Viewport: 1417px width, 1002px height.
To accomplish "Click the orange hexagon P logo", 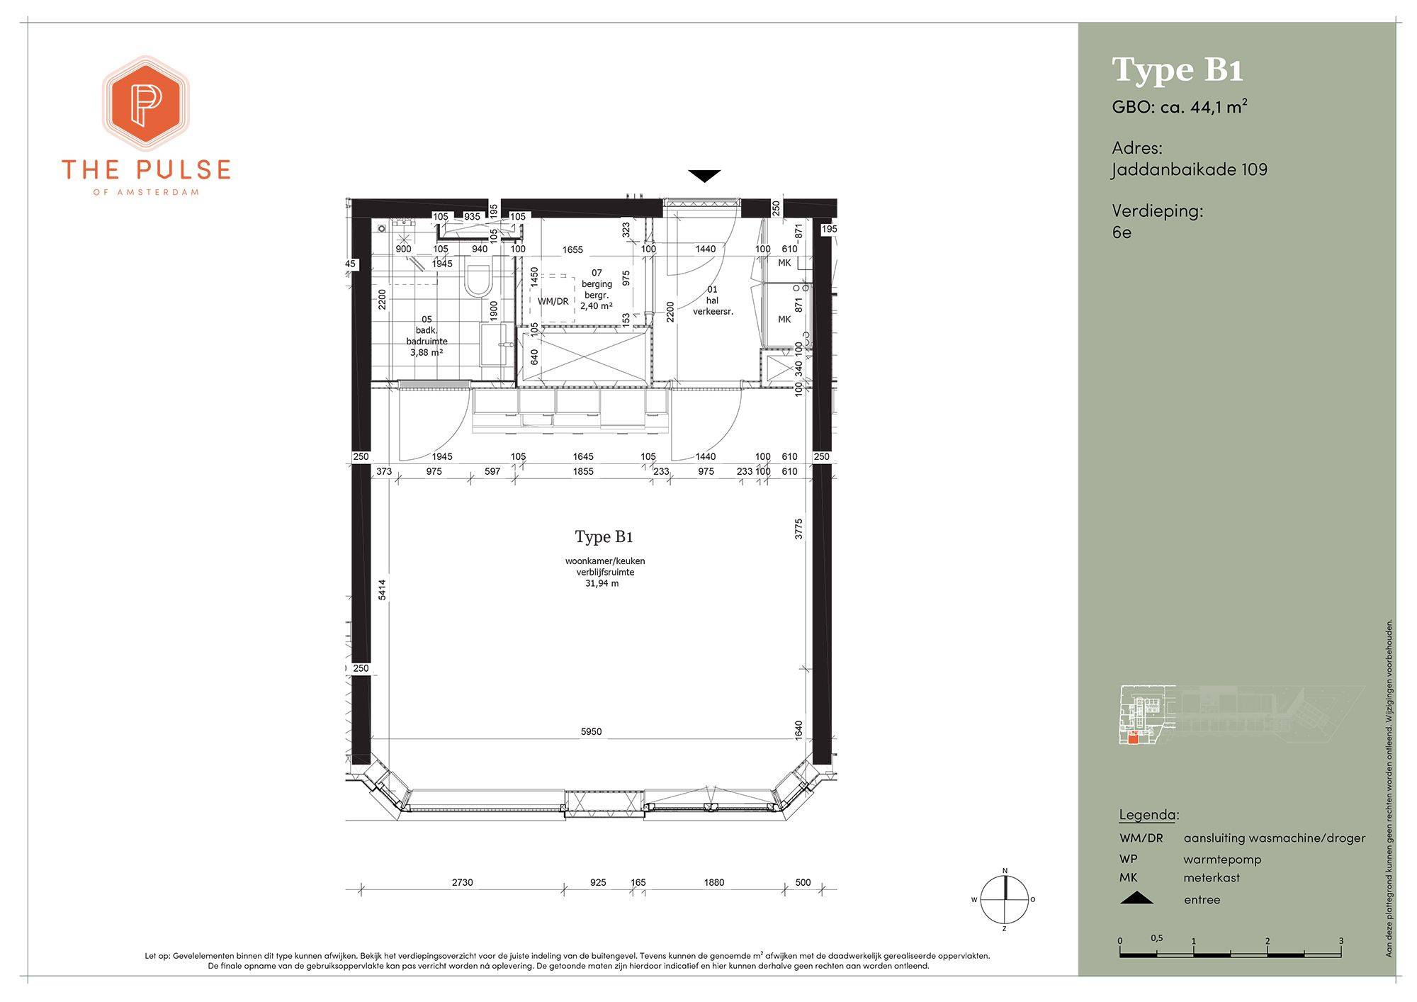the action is click(x=146, y=103).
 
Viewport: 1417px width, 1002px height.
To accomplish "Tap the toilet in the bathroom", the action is click(x=478, y=281).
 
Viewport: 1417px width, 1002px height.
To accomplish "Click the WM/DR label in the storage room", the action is click(x=553, y=301).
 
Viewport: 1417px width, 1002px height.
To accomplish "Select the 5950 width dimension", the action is click(x=591, y=731).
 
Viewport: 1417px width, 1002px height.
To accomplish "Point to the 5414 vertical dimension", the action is click(x=382, y=590).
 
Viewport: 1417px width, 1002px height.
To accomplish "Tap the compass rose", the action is click(x=1004, y=899).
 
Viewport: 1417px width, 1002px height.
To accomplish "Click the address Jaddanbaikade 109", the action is click(x=1190, y=169).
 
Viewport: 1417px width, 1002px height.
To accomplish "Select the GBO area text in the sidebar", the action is click(x=1180, y=107).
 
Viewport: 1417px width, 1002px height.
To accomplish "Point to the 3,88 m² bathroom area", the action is click(x=427, y=352).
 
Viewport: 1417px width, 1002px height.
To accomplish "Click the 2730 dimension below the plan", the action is click(x=462, y=882).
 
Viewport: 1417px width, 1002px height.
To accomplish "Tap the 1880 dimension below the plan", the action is click(x=714, y=882).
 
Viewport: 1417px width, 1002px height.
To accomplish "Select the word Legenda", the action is click(x=1148, y=815).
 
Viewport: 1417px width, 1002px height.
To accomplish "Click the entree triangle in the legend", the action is click(x=1136, y=899).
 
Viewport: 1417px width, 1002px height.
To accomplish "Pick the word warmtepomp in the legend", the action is click(x=1222, y=860).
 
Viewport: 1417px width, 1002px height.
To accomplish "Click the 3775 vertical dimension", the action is click(x=798, y=529).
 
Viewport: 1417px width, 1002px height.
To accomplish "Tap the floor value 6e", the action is click(x=1122, y=232).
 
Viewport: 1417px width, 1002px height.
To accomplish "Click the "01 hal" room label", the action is click(x=712, y=295).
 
